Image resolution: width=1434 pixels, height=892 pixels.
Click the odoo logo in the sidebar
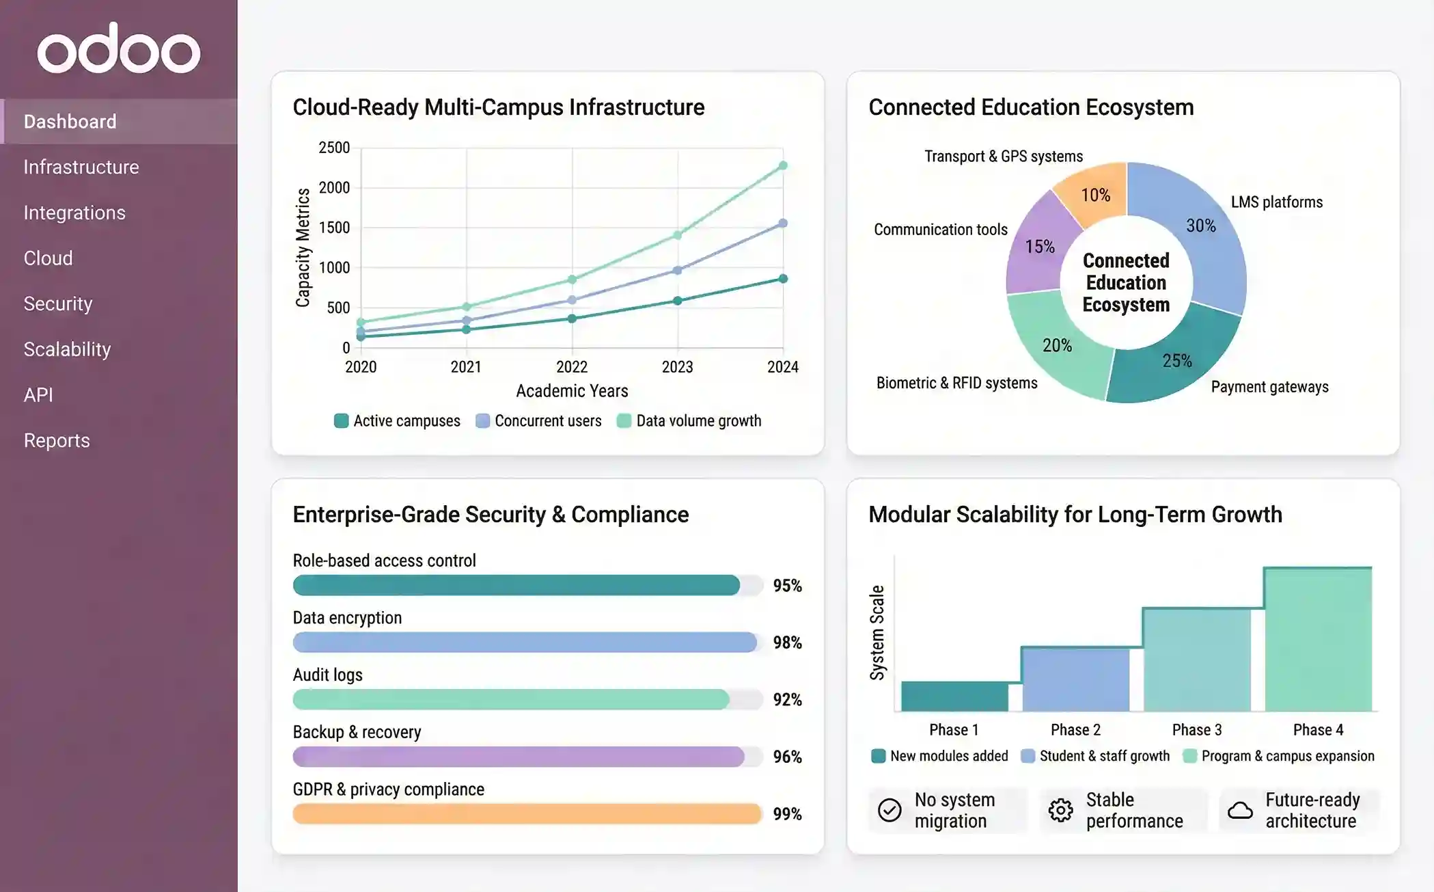pyautogui.click(x=118, y=49)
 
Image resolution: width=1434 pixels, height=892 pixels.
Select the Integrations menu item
pyautogui.click(x=74, y=213)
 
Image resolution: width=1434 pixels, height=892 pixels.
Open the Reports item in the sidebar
pyautogui.click(x=57, y=440)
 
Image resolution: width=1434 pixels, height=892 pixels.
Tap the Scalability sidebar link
pyautogui.click(x=67, y=349)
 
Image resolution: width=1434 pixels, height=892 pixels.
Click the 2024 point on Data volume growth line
pyautogui.click(x=783, y=165)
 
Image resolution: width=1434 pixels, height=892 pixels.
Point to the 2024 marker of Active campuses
pyautogui.click(x=783, y=279)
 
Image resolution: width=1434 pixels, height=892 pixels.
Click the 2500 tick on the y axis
pyautogui.click(x=334, y=148)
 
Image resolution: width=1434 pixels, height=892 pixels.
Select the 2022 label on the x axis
pyautogui.click(x=572, y=367)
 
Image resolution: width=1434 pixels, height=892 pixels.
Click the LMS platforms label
pyautogui.click(x=1276, y=202)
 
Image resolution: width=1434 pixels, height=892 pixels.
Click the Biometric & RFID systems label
pyautogui.click(x=956, y=383)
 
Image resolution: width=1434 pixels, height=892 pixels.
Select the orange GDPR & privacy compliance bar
pyautogui.click(x=526, y=813)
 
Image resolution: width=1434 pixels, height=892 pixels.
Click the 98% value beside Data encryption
pyautogui.click(x=787, y=643)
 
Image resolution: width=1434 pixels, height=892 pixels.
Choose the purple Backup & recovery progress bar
pyautogui.click(x=518, y=757)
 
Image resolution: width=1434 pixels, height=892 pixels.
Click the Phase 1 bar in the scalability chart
pyautogui.click(x=954, y=697)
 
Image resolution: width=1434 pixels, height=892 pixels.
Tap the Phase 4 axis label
pyautogui.click(x=1318, y=730)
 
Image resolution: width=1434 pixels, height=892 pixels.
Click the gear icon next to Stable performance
pyautogui.click(x=1060, y=811)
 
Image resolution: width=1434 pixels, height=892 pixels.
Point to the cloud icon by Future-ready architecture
pyautogui.click(x=1240, y=811)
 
